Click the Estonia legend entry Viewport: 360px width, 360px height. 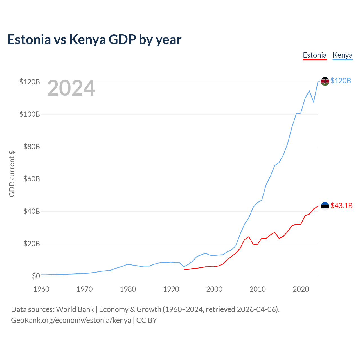point(315,55)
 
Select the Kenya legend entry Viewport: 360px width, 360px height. point(343,55)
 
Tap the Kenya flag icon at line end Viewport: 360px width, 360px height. point(325,81)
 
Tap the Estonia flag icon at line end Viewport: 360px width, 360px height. point(325,206)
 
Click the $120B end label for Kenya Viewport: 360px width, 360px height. point(341,81)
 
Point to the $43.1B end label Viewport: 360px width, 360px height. point(341,206)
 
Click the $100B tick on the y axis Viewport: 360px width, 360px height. point(30,114)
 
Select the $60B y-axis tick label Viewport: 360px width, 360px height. point(31,179)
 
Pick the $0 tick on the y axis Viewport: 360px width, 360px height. point(36,276)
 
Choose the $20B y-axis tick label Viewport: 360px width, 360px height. point(31,244)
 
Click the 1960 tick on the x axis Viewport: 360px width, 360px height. point(41,289)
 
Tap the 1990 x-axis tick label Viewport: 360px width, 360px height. point(171,289)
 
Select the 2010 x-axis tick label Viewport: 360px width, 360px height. point(257,289)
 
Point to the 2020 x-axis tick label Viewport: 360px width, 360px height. point(301,289)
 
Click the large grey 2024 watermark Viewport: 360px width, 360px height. point(71,88)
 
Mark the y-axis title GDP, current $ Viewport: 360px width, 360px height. point(12,174)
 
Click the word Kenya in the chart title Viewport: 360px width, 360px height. point(87,40)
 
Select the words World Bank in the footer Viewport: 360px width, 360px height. point(75,309)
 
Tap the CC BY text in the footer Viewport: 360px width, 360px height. point(147,320)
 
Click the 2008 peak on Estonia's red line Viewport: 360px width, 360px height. point(249,237)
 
